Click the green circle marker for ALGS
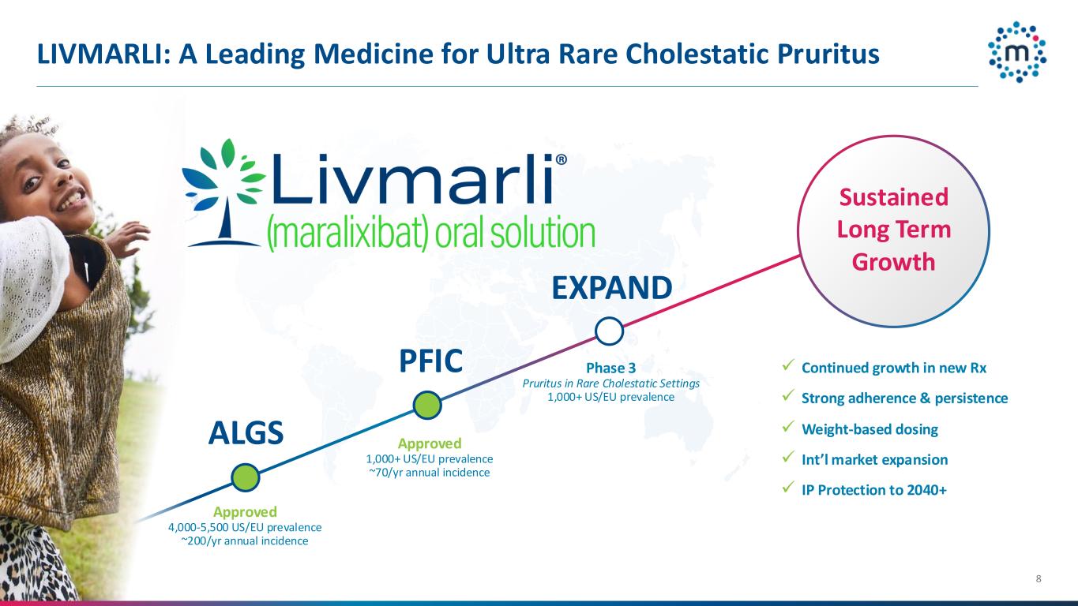pyautogui.click(x=246, y=477)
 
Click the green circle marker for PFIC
pyautogui.click(x=427, y=405)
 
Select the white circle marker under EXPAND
pyautogui.click(x=608, y=331)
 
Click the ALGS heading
pyautogui.click(x=246, y=433)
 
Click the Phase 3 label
pyautogui.click(x=610, y=368)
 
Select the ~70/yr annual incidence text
pyautogui.click(x=429, y=473)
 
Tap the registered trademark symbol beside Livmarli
pyautogui.click(x=562, y=159)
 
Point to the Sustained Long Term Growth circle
pyautogui.click(x=893, y=230)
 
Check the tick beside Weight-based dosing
pyautogui.click(x=787, y=428)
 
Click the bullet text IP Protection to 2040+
pyautogui.click(x=873, y=490)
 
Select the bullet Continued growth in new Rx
pyautogui.click(x=893, y=368)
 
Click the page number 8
pyautogui.click(x=1039, y=580)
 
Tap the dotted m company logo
pyautogui.click(x=1017, y=51)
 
